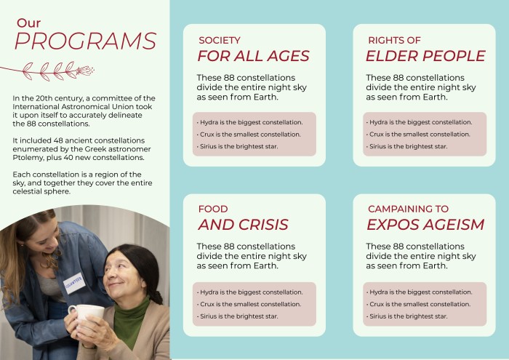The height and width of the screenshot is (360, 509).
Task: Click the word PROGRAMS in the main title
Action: pyautogui.click(x=85, y=41)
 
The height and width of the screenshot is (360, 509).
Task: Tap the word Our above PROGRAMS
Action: pyautogui.click(x=28, y=23)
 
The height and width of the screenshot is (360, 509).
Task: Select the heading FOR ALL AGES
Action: pyautogui.click(x=253, y=56)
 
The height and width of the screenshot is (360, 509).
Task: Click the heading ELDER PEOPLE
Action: pyautogui.click(x=425, y=56)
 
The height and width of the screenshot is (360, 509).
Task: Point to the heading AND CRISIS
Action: pyautogui.click(x=243, y=224)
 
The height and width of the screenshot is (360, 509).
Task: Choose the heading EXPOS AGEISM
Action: pyautogui.click(x=425, y=224)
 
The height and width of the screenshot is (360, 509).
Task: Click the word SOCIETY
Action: pyautogui.click(x=220, y=40)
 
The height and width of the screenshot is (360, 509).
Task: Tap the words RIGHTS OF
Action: pyautogui.click(x=394, y=40)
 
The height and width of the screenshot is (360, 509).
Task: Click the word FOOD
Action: pyautogui.click(x=213, y=209)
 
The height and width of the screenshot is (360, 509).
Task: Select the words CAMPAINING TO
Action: pyautogui.click(x=408, y=209)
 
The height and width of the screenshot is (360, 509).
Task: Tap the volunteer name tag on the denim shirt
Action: pyautogui.click(x=74, y=284)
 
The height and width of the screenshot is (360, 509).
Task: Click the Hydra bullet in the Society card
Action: pyautogui.click(x=249, y=122)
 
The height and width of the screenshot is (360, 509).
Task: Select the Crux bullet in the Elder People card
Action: pyautogui.click(x=418, y=135)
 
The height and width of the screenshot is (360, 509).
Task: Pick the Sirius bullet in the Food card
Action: pyautogui.click(x=237, y=316)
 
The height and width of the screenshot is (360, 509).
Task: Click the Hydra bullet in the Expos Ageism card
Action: pyautogui.click(x=419, y=292)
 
